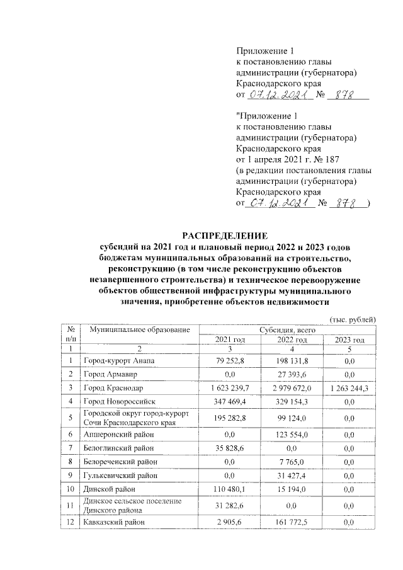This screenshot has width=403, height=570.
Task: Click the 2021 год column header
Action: (x=230, y=340)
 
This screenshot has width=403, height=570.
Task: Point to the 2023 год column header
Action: (x=349, y=340)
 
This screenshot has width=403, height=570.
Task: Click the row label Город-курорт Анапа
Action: (x=120, y=361)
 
